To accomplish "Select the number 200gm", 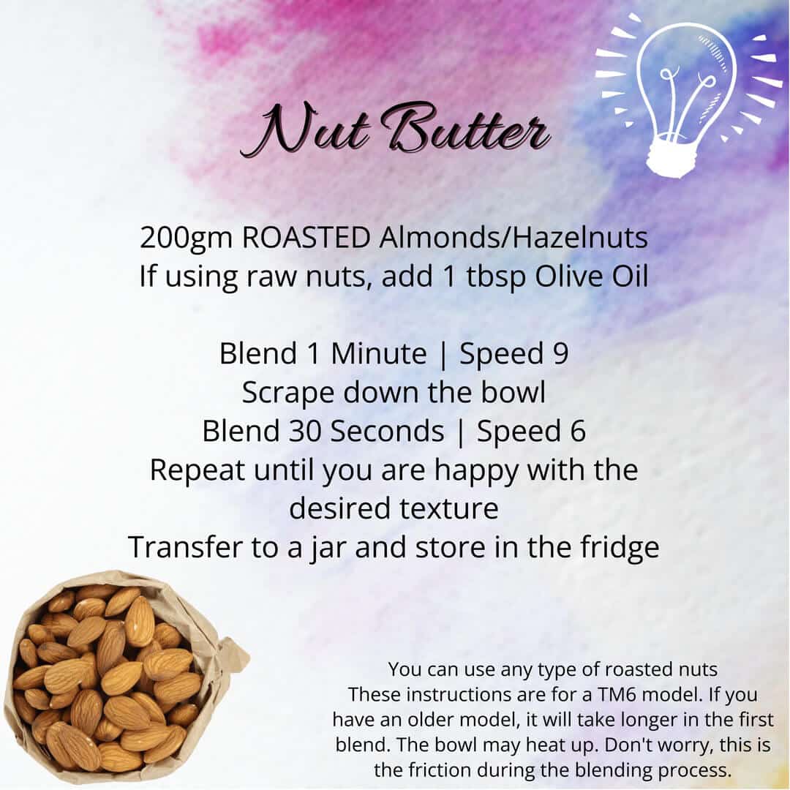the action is click(186, 238).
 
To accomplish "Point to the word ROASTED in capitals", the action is click(306, 238).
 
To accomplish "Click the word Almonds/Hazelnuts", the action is click(513, 238).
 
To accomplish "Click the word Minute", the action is click(378, 353).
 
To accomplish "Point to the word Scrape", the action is click(287, 394).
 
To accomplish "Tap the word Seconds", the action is click(387, 432).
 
